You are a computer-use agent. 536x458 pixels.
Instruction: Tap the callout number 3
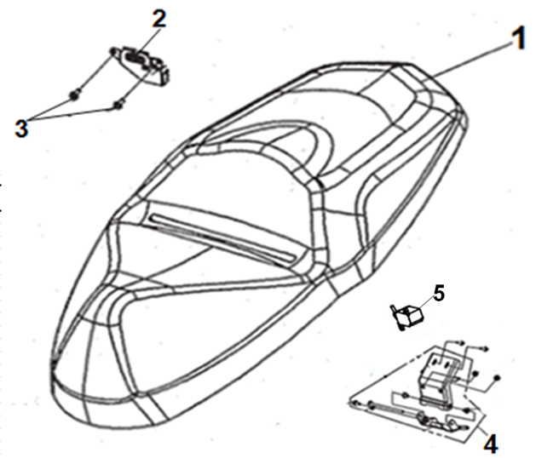pos(21,129)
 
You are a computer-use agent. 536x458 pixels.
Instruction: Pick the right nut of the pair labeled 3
pos(119,105)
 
